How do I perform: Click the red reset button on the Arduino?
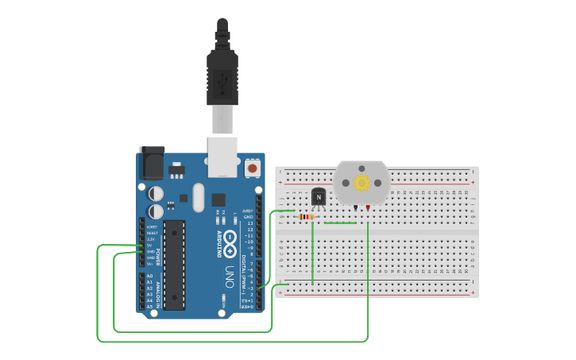click(253, 168)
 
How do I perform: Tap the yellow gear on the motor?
click(361, 183)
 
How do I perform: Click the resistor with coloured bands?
click(306, 216)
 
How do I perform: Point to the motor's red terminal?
click(369, 208)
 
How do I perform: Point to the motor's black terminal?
click(354, 208)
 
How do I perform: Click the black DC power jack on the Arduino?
click(152, 164)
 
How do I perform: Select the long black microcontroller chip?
click(175, 265)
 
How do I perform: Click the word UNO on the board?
click(228, 275)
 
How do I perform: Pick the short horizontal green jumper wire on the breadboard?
click(340, 223)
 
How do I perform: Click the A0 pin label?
click(150, 276)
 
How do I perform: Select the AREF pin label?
click(248, 211)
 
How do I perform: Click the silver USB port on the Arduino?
click(222, 155)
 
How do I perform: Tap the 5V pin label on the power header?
click(150, 245)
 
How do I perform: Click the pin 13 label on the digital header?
click(249, 223)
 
